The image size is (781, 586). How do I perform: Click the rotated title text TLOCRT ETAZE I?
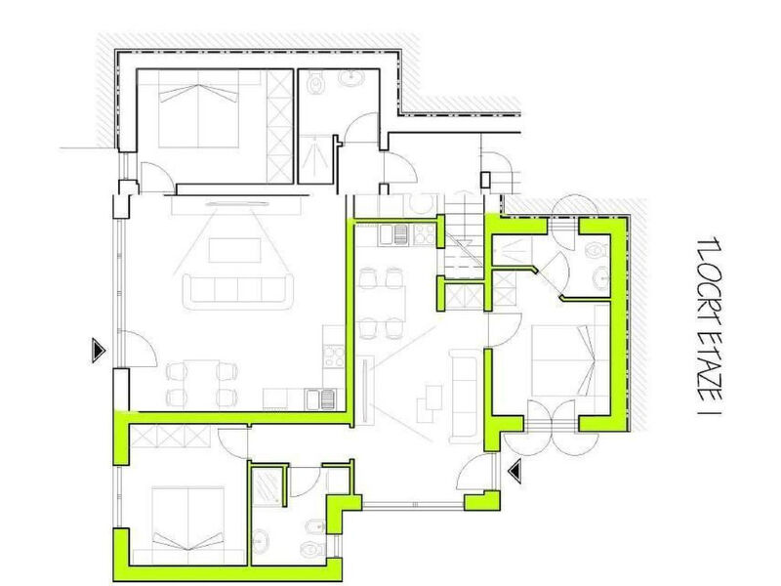[711, 326]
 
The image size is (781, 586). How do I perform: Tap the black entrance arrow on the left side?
[99, 351]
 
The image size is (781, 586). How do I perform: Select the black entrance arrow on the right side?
[514, 471]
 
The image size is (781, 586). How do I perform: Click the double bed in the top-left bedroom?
[198, 108]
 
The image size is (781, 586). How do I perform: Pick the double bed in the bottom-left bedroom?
[186, 519]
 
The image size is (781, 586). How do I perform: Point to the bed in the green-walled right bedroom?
[564, 360]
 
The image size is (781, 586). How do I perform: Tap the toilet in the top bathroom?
[315, 83]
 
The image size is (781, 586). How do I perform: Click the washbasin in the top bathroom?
[352, 77]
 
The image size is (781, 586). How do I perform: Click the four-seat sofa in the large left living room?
[238, 288]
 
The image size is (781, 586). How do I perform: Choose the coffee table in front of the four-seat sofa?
[234, 250]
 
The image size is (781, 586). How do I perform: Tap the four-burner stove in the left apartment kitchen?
[334, 356]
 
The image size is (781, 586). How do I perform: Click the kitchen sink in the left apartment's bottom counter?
[321, 399]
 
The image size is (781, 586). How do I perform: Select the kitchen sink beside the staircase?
[394, 235]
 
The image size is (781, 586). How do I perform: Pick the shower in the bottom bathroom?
[267, 485]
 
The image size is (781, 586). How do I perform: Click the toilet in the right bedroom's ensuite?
[596, 251]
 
